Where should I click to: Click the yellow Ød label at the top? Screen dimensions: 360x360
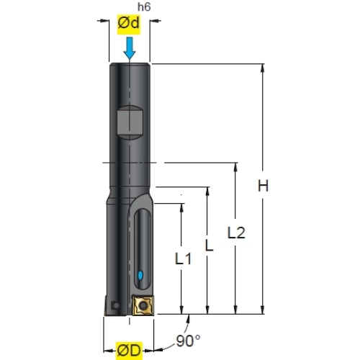pos(129,24)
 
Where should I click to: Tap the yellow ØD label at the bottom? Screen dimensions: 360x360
pos(129,351)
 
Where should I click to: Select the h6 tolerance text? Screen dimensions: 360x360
pos(144,7)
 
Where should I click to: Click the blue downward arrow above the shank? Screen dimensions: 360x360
pos(130,48)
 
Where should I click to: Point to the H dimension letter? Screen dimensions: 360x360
pos(263,185)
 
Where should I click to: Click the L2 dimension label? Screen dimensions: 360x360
pos(236,233)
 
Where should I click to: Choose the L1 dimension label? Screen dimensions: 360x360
pos(183,258)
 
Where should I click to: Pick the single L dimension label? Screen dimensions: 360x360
pos(209,246)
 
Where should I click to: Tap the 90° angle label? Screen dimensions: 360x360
pos(188,341)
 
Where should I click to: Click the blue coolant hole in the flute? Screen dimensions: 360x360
pos(140,275)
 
